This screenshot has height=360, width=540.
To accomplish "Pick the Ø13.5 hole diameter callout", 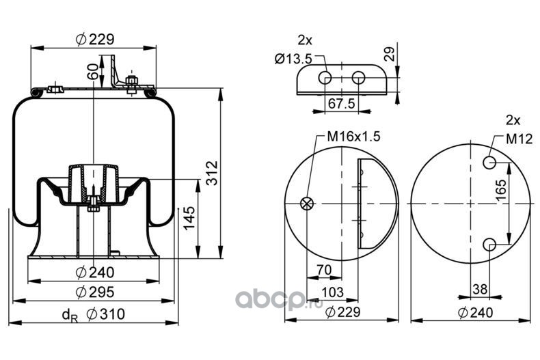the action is pos(293,59).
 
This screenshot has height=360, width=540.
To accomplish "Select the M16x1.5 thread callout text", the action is pos(352,137).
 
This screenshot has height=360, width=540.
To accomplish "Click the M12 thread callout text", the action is pos(519,139).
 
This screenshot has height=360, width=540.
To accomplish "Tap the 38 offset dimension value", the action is pos(480,290).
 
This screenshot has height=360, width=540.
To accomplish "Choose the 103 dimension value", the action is pos(334,292).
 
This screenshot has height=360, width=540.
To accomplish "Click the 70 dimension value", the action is pos(324,271).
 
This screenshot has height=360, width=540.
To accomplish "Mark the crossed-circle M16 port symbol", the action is pos(308,203).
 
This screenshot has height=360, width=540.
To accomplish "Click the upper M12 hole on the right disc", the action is pos(489,163).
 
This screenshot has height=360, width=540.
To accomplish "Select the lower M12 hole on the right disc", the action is pos(489,245).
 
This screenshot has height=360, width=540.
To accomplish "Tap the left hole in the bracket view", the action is pos(325,78).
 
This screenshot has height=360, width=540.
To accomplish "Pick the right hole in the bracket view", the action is pos(358,78).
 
